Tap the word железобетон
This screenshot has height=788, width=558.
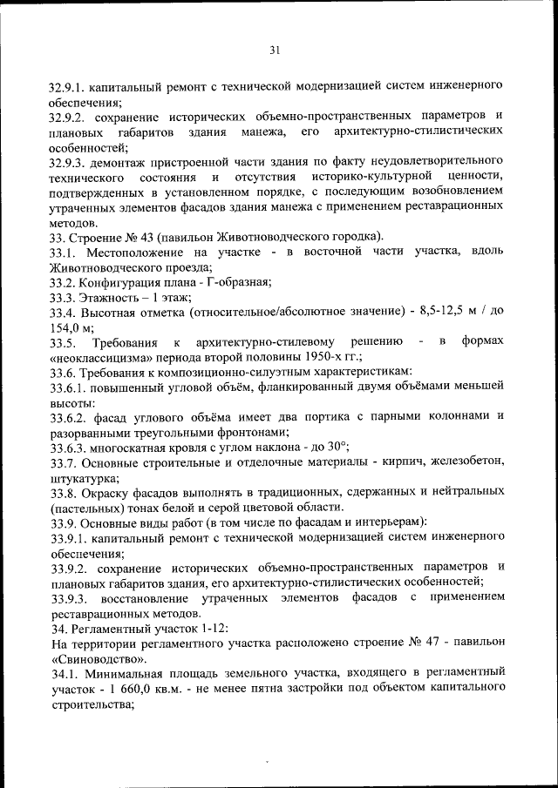point(464,464)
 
